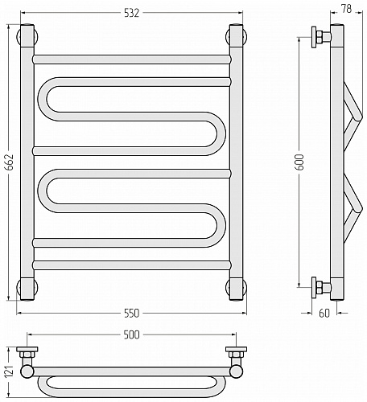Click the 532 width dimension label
click(x=132, y=13)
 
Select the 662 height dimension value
click(x=10, y=162)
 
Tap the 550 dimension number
click(x=132, y=313)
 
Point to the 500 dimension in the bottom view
click(x=132, y=334)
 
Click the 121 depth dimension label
click(x=10, y=371)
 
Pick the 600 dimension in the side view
click(x=299, y=162)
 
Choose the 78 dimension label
click(x=346, y=9)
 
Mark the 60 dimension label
click(x=324, y=313)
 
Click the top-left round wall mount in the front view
click(x=27, y=36)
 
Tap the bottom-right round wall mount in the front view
click(x=236, y=287)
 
